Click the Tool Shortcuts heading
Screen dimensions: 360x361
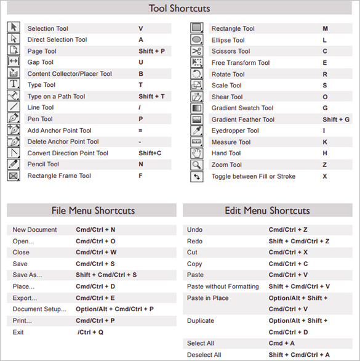pos(180,9)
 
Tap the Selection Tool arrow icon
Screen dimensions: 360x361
pos(14,28)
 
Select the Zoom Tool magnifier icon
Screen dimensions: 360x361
pos(197,164)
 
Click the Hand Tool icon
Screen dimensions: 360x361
pos(197,153)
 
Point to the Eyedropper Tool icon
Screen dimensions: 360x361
pos(197,131)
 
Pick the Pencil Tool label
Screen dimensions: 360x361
pos(43,164)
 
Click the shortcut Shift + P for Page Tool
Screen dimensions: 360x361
pos(151,51)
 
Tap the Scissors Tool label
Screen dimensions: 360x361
pos(231,51)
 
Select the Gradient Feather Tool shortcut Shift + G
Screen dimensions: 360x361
pos(335,120)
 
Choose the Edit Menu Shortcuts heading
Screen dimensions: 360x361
pos(268,211)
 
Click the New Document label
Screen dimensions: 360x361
pos(34,230)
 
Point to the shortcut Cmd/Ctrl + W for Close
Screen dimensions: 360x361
pos(96,252)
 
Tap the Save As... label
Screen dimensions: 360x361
pos(27,275)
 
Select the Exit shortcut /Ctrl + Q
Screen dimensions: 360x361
pos(90,332)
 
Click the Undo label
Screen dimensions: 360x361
pos(194,230)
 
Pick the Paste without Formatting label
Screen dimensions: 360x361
pos(223,286)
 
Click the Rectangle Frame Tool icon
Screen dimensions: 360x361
pos(14,176)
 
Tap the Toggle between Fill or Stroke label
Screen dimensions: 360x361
pos(253,176)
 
